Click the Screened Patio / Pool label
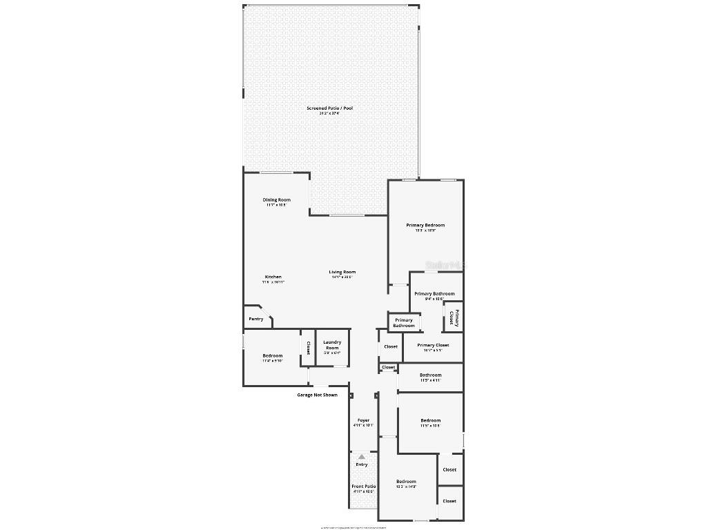pyautogui.click(x=330, y=108)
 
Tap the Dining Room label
pyautogui.click(x=276, y=200)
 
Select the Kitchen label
pyautogui.click(x=273, y=277)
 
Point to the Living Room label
pyautogui.click(x=342, y=273)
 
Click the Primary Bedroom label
pyautogui.click(x=425, y=226)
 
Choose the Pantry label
pyautogui.click(x=256, y=319)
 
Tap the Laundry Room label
pyautogui.click(x=332, y=345)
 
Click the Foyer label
pyautogui.click(x=363, y=420)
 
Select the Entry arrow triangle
pyautogui.click(x=362, y=456)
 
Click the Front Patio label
pyautogui.click(x=363, y=487)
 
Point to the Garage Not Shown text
pyautogui.click(x=317, y=395)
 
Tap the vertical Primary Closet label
pyautogui.click(x=453, y=317)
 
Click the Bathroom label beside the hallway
pyautogui.click(x=431, y=375)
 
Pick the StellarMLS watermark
pyautogui.click(x=446, y=265)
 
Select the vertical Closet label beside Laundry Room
pyautogui.click(x=307, y=348)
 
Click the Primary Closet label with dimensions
pyautogui.click(x=433, y=345)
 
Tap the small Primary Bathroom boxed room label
pyautogui.click(x=404, y=323)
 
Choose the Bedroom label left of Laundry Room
pyautogui.click(x=273, y=356)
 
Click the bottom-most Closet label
pyautogui.click(x=449, y=501)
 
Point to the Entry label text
pyautogui.click(x=362, y=464)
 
